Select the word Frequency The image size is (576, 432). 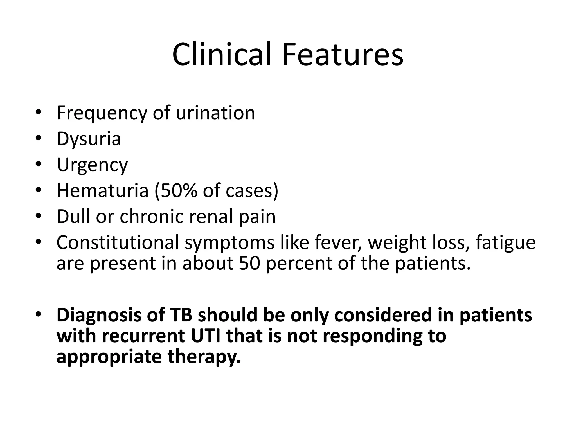102,113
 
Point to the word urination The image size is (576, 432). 215,113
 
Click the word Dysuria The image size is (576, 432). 89,139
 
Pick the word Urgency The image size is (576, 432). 92,165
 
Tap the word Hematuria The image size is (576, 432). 102,190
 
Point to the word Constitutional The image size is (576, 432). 118,242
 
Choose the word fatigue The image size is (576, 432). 505,242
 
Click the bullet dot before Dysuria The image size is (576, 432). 39,138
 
